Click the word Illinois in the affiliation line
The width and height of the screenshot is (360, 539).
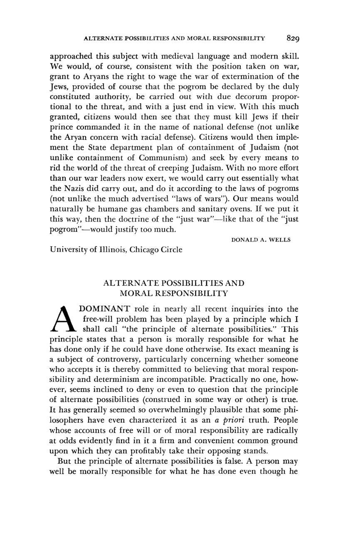pos(113,250)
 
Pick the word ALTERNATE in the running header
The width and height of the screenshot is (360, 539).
pos(101,38)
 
